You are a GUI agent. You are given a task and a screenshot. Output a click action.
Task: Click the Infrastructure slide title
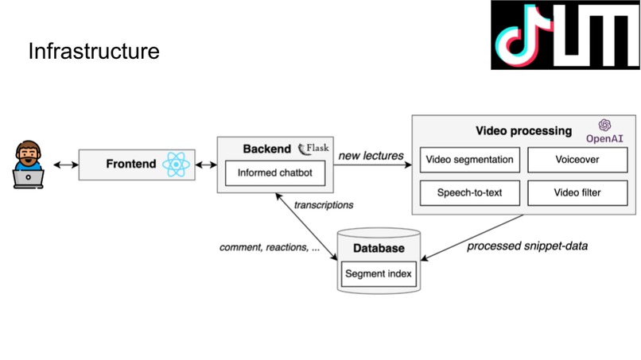(x=94, y=52)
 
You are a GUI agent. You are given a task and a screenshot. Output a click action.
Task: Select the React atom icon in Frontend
(x=176, y=165)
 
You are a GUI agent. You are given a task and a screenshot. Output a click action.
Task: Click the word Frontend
(x=131, y=165)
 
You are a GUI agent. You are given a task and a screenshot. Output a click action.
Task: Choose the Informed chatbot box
(x=274, y=172)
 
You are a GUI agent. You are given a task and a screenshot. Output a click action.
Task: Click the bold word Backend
(x=266, y=149)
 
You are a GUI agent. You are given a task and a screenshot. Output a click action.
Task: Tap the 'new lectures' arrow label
(x=371, y=155)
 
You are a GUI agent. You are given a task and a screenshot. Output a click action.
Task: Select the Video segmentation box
(x=469, y=159)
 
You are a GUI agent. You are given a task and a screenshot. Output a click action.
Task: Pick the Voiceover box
(x=577, y=159)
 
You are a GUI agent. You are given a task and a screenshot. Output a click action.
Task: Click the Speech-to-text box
(x=469, y=192)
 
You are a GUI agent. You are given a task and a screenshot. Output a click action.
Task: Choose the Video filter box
(x=577, y=192)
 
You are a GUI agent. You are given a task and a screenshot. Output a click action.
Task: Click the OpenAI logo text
(x=604, y=137)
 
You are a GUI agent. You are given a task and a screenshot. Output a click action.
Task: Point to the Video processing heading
(x=523, y=130)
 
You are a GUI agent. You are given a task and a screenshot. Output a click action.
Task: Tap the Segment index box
(x=379, y=273)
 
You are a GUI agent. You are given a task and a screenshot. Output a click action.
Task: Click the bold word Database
(x=379, y=248)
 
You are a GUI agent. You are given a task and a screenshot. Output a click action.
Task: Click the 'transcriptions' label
(x=324, y=205)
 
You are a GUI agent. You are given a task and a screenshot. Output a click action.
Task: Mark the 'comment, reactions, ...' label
(x=270, y=247)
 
